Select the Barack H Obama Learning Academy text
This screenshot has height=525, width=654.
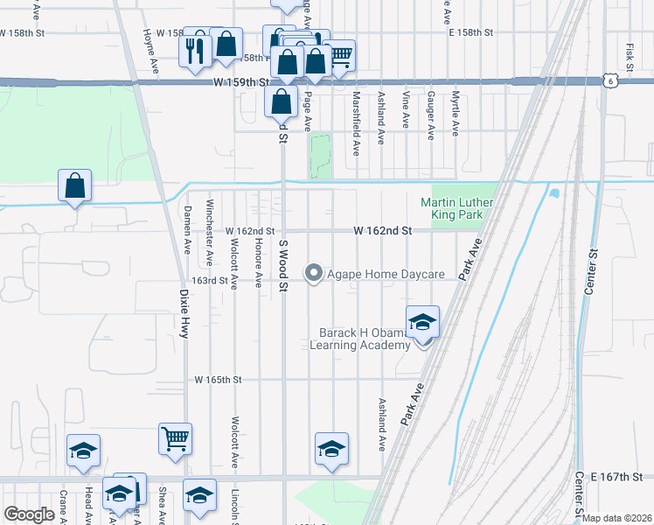point(365,339)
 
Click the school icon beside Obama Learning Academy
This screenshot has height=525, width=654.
point(422,321)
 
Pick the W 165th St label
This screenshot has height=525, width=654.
point(218,380)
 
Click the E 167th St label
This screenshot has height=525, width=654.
point(616,477)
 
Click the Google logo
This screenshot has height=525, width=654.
point(30,514)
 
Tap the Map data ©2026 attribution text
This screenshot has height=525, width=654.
point(617,518)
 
